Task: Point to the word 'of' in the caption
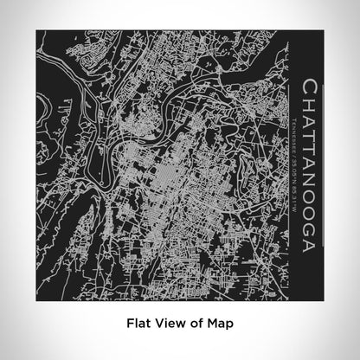pyautogui.click(x=201, y=325)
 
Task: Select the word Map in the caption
pyautogui.click(x=223, y=325)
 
